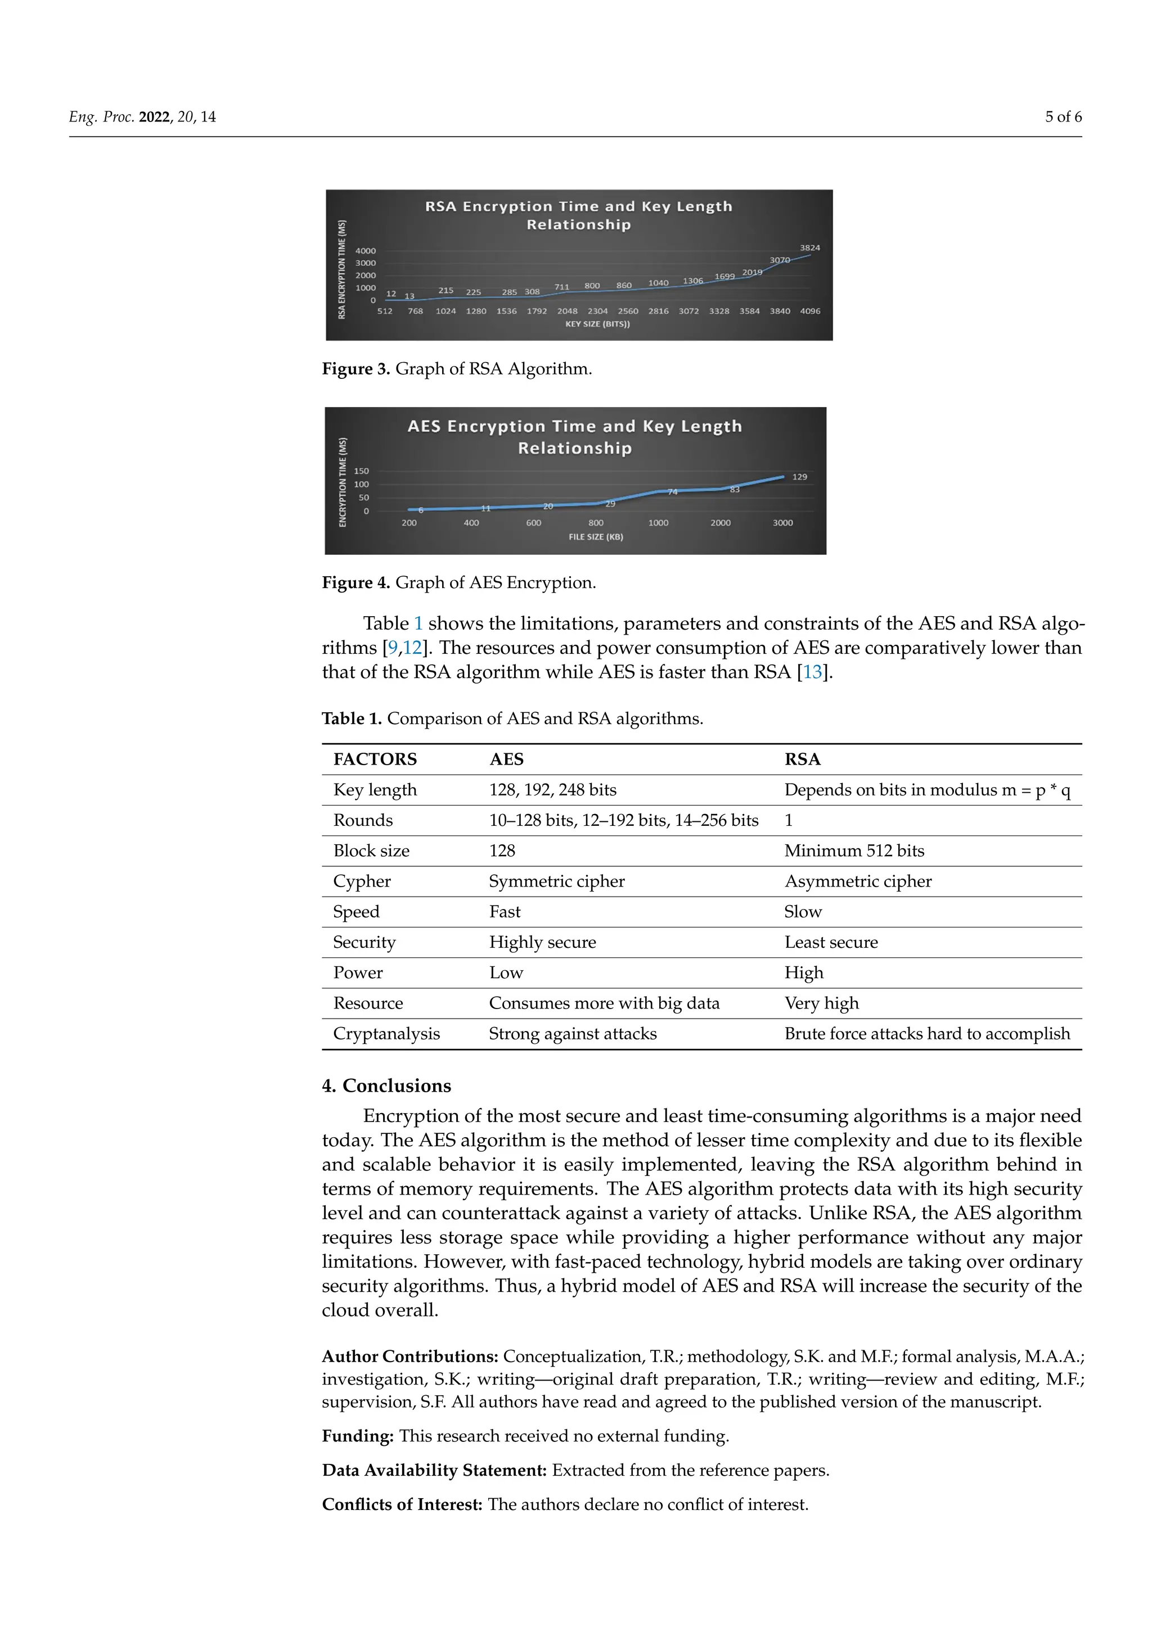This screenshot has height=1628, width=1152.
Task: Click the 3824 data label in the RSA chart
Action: tap(809, 247)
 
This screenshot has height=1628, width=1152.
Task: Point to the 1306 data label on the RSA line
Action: tap(693, 281)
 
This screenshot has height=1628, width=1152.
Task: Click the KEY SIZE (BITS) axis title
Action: tap(597, 324)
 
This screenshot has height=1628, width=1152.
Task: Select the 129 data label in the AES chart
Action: tap(799, 477)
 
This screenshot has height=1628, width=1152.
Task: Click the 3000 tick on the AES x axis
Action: tap(782, 523)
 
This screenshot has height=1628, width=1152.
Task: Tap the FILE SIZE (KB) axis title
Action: tap(596, 537)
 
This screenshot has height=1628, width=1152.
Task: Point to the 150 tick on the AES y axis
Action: tap(361, 471)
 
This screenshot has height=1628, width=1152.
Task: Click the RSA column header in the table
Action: tap(802, 759)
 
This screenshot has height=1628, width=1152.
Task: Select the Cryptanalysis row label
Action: tap(386, 1034)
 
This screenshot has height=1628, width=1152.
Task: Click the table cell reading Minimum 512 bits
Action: tap(854, 851)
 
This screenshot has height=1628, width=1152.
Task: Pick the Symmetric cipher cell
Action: tap(557, 881)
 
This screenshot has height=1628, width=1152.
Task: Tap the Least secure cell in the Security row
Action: tap(831, 942)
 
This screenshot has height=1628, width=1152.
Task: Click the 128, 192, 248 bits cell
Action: tap(552, 790)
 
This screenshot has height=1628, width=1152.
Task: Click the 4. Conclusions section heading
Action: tap(386, 1086)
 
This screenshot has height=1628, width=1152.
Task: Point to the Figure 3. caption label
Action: tap(355, 369)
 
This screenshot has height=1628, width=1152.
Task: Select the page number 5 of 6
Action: tap(1063, 117)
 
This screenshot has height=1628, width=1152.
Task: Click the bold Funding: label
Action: tap(358, 1436)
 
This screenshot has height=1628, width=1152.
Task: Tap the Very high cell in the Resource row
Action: tap(821, 1003)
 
